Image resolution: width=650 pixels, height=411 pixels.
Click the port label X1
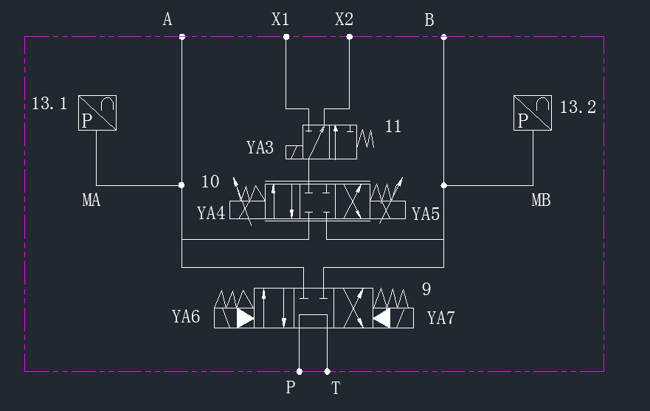[280, 19]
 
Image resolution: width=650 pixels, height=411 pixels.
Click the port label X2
[344, 19]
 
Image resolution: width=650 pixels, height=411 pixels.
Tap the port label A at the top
[167, 19]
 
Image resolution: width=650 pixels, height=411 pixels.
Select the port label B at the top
[429, 20]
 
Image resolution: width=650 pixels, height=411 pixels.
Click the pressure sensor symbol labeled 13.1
[97, 113]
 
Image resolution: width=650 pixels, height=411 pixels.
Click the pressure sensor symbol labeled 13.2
[533, 113]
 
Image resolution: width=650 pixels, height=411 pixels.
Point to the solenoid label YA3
[260, 148]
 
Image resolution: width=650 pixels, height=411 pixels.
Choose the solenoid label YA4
[211, 213]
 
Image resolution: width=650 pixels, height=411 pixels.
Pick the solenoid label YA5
[426, 214]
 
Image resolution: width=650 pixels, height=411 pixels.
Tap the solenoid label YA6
[186, 317]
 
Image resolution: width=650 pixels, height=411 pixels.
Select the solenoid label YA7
[441, 318]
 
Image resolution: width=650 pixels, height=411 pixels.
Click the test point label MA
[91, 200]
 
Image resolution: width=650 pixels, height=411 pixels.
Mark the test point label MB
[541, 200]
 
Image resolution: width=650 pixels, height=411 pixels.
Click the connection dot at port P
[300, 372]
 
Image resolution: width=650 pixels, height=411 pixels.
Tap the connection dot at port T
[327, 372]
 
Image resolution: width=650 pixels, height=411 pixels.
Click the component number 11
[393, 126]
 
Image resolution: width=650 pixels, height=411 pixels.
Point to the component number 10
[210, 182]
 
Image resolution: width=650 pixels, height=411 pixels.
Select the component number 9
[426, 289]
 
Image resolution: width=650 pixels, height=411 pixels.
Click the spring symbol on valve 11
[365, 139]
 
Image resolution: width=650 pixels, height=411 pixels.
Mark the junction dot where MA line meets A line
[181, 185]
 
